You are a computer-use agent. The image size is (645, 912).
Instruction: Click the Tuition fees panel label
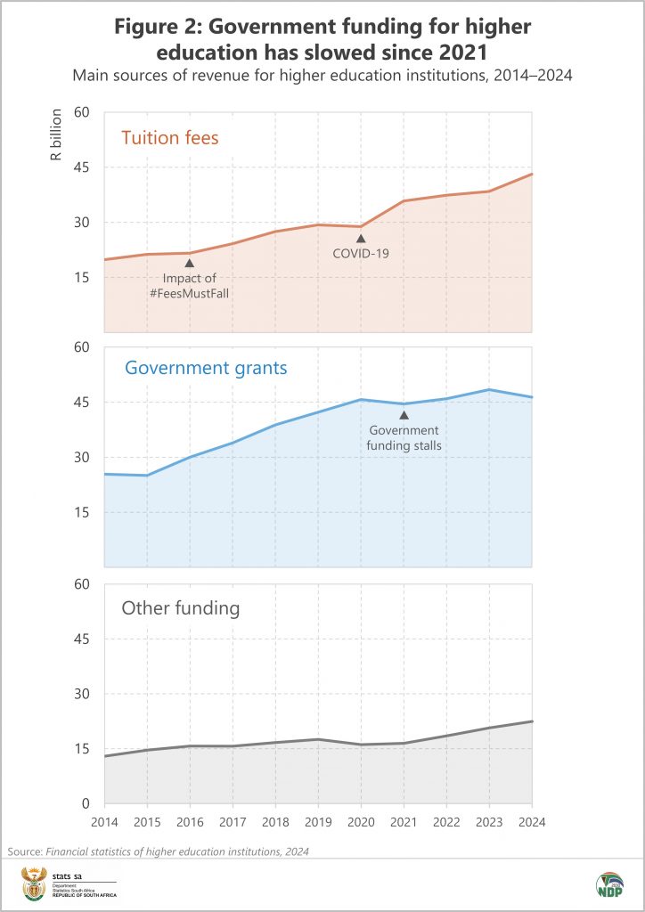point(170,137)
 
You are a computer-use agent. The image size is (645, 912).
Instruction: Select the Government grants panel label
point(206,368)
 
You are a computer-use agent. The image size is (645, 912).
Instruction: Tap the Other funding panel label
point(181,609)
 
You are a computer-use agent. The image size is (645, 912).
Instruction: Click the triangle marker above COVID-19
point(361,238)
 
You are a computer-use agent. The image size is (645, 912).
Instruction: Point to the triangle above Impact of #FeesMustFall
point(189,263)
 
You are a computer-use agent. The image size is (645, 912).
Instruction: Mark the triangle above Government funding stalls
point(404,414)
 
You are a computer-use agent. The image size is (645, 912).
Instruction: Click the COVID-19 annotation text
point(361,254)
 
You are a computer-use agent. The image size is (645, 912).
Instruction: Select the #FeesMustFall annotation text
point(189,293)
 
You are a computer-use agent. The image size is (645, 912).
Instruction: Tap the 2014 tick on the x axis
point(104,821)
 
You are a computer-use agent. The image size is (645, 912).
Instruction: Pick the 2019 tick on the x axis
point(318,821)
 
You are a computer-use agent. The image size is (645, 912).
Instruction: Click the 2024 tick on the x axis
point(531,821)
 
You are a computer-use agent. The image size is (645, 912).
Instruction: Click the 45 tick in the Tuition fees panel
point(83,167)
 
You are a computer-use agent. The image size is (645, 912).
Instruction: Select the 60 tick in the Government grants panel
point(83,347)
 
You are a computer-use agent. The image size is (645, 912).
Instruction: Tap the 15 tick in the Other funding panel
point(83,749)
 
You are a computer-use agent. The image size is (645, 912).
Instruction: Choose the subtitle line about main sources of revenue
point(322,77)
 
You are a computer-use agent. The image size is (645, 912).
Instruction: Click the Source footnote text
point(159,852)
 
